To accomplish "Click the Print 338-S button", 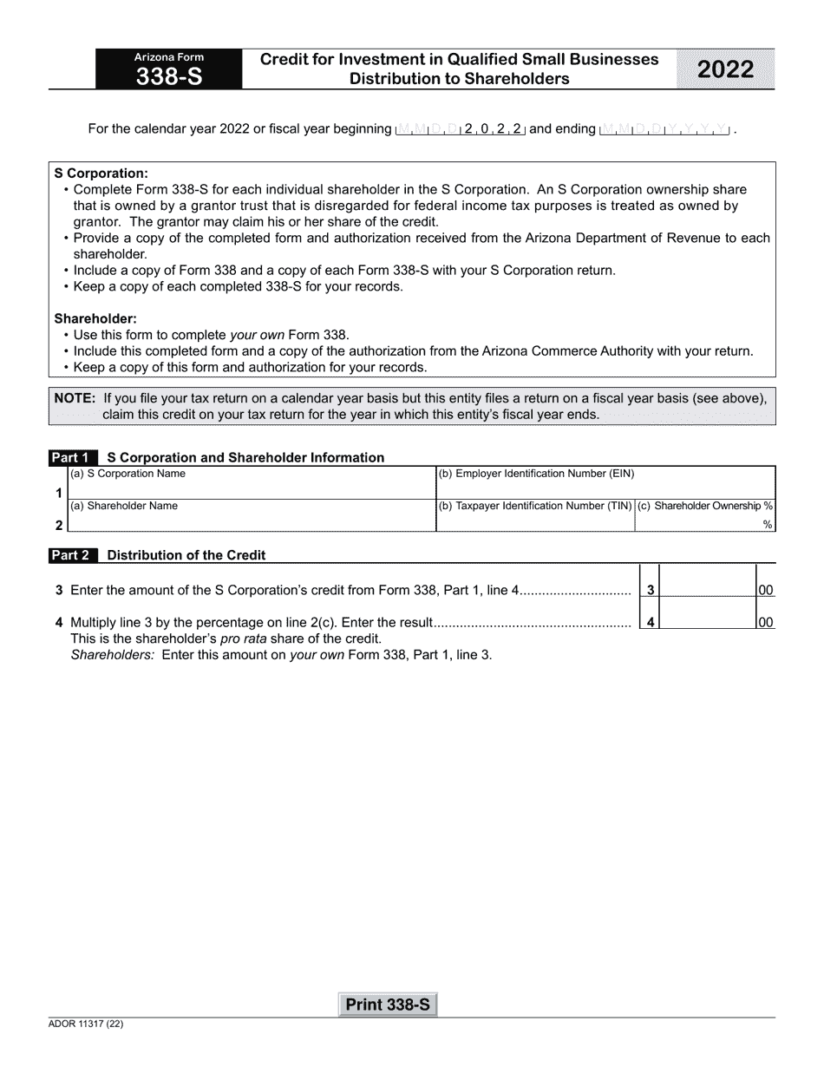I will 388,1005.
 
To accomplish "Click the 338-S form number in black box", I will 169,77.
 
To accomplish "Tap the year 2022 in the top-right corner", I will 725,69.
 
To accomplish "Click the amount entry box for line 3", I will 707,590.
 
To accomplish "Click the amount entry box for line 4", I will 707,621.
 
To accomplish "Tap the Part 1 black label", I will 71,457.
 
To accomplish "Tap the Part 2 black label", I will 71,554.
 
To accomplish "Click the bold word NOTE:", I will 75,398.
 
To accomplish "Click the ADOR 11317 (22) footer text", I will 86,1024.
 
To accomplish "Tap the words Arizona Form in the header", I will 169,57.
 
